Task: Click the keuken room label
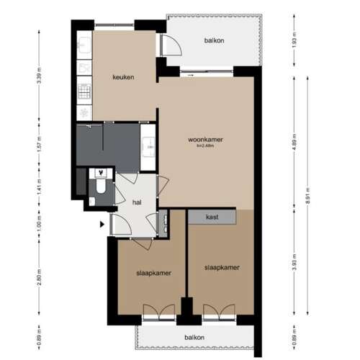[x=122, y=78]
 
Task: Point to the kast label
[x=212, y=217]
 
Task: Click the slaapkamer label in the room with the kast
[x=221, y=267]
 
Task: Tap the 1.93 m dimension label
[x=294, y=39]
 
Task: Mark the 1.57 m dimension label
[x=38, y=148]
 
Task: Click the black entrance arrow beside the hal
[x=102, y=224]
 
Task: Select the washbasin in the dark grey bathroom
[x=148, y=145]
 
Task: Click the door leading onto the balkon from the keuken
[x=170, y=46]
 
